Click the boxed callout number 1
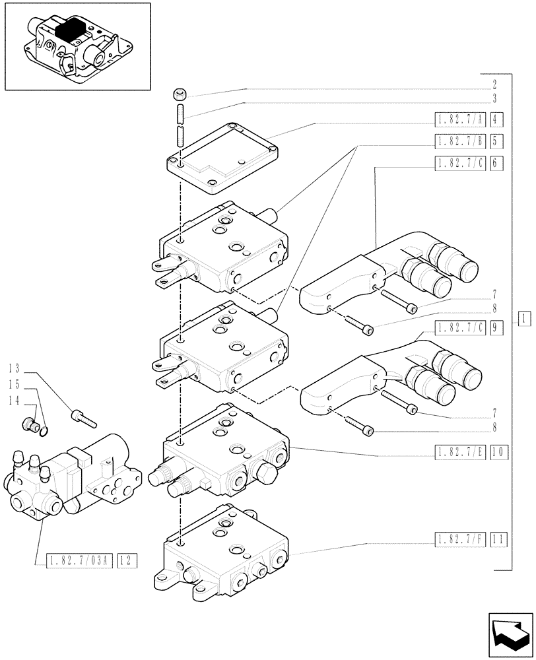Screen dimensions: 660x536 pos(522,319)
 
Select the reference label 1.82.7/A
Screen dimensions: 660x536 pos(460,119)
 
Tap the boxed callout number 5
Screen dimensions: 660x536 pos(497,141)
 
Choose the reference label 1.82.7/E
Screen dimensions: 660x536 pos(460,452)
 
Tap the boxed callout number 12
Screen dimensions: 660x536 pos(127,561)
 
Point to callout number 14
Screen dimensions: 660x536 pos(15,401)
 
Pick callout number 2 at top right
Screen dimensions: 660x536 pos(494,85)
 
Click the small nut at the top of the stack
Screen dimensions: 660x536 pos(180,94)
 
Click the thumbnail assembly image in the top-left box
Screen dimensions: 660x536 pos(77,46)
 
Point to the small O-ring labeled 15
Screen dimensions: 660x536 pos(43,432)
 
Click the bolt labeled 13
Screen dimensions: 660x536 pos(83,417)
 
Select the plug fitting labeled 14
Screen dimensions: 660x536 pos(29,426)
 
